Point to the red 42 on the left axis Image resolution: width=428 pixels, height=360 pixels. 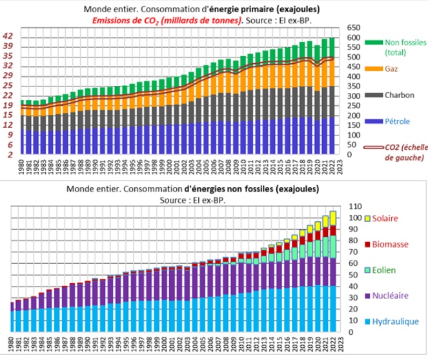[x=8, y=36]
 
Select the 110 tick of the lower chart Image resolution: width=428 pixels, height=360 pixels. [x=356, y=206]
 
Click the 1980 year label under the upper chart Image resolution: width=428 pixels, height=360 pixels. [x=22, y=172]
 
